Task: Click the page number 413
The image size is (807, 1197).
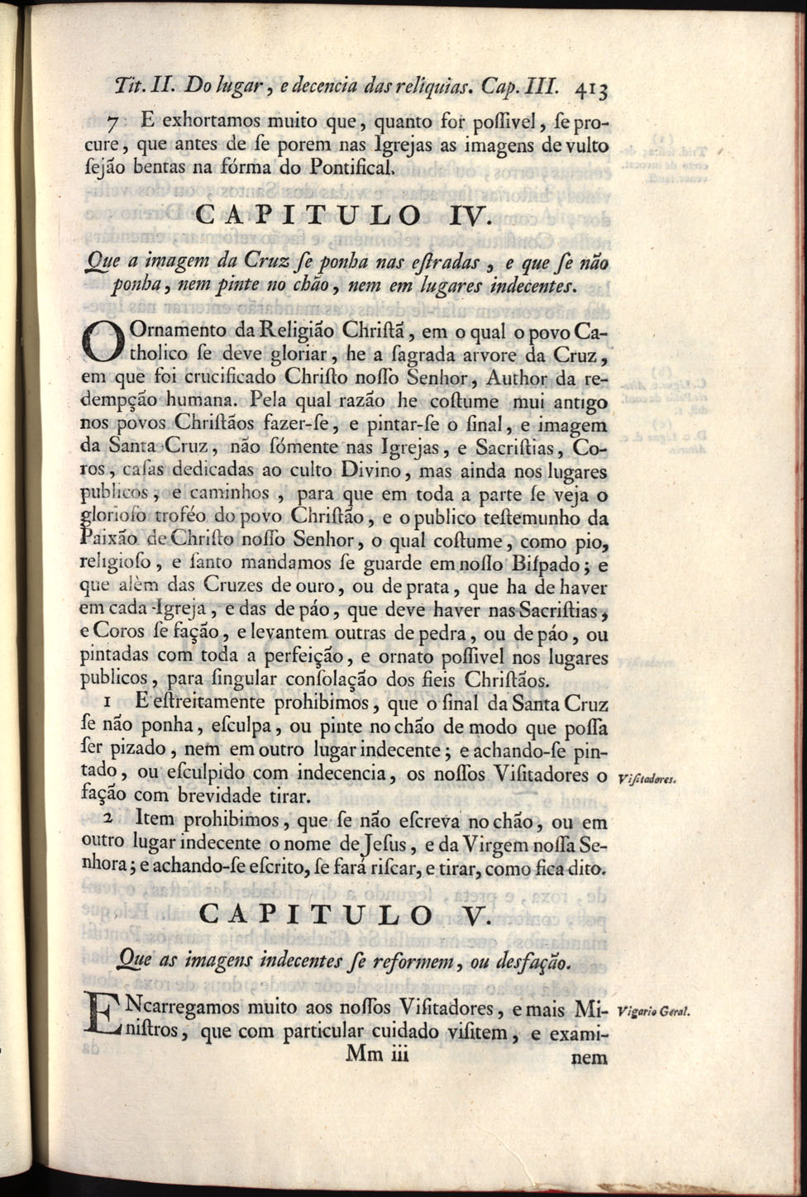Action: pos(594,88)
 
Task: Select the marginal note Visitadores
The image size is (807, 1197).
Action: pos(647,777)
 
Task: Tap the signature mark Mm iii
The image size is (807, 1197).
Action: pos(378,1054)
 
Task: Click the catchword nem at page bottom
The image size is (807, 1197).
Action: pos(590,1057)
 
